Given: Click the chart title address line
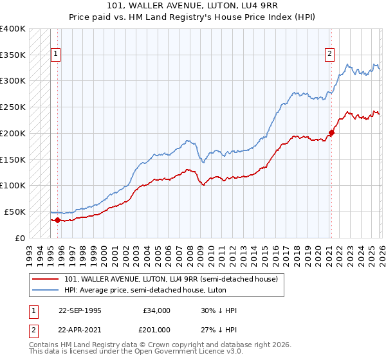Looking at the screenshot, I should point(193,6).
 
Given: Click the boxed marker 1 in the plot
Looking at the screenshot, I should point(56,55).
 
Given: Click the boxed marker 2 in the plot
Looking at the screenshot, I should point(329,55).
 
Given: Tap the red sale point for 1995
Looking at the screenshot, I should point(58,220).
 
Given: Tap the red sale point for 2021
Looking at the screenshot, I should point(331,133).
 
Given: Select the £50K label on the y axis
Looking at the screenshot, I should point(15,212).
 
